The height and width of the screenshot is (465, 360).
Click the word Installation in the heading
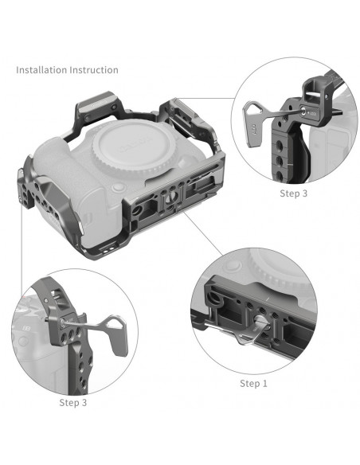pos(41,70)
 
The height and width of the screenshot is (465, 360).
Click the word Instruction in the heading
pos(94,70)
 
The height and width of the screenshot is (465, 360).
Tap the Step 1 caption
pos(253,384)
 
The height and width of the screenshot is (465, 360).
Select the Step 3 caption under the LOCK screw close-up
pos(294,193)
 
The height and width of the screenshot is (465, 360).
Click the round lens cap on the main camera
pos(133,145)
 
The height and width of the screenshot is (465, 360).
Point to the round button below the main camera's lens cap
pos(119,188)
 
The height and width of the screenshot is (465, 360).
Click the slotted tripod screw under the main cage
pos(172,197)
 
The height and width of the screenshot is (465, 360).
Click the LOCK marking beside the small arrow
pos(312,113)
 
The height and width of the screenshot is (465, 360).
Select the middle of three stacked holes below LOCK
pos(279,162)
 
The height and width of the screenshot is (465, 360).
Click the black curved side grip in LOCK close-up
pos(302,154)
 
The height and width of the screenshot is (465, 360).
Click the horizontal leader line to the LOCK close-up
pos(205,98)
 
